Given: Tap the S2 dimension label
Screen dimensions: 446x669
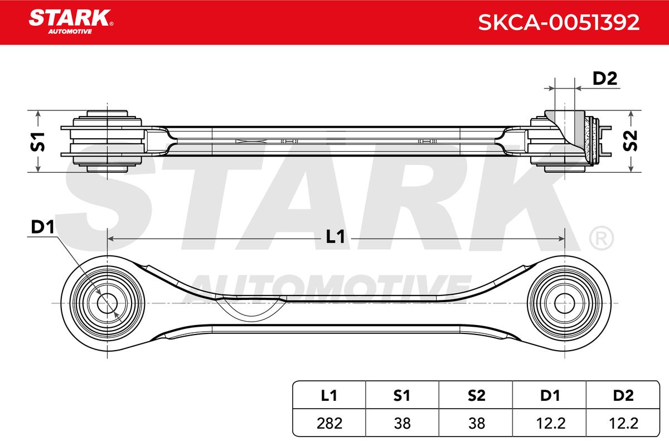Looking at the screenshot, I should pyautogui.click(x=631, y=141).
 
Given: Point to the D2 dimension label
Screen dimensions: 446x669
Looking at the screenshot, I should pyautogui.click(x=604, y=79).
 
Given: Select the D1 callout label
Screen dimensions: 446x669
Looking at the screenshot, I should pyautogui.click(x=42, y=227).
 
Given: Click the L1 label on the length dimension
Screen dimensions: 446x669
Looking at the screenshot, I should pyautogui.click(x=334, y=237).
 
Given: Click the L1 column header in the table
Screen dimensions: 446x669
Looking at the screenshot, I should pyautogui.click(x=329, y=395).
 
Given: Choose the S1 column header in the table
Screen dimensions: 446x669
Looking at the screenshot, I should pyautogui.click(x=402, y=395).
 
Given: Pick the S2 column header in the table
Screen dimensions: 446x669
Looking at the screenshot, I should pyautogui.click(x=476, y=395).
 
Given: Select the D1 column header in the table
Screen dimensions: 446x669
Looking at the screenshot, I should pyautogui.click(x=549, y=395).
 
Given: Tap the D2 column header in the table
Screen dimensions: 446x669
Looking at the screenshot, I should pyautogui.click(x=623, y=395).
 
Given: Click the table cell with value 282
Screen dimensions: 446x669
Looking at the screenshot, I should pyautogui.click(x=329, y=423).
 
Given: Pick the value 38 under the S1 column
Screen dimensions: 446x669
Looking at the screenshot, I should pyautogui.click(x=402, y=423).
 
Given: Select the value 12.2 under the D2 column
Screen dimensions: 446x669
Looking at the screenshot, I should pyautogui.click(x=623, y=423).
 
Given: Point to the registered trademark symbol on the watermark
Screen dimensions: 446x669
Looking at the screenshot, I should pyautogui.click(x=601, y=239).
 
